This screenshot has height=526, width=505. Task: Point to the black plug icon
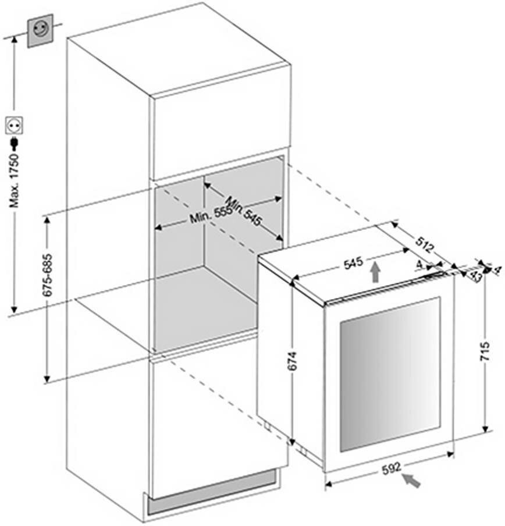tap(13, 143)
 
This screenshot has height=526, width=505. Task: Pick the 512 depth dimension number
tap(425, 245)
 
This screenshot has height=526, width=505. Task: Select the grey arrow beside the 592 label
tap(412, 481)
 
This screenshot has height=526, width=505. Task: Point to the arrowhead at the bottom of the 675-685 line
tap(47, 381)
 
